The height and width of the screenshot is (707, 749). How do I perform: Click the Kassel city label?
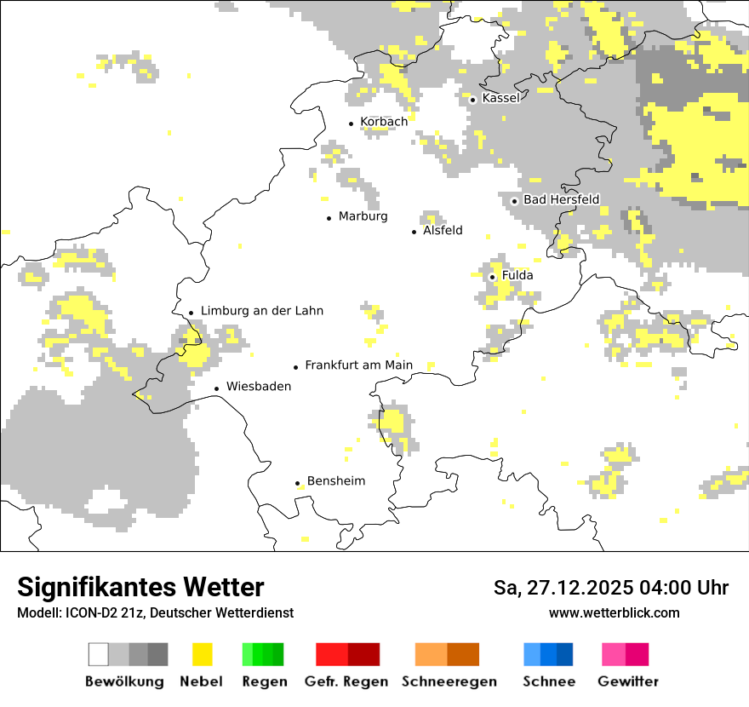click(x=500, y=98)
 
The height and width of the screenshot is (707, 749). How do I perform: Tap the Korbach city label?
click(x=384, y=122)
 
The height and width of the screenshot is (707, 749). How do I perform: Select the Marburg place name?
click(x=363, y=216)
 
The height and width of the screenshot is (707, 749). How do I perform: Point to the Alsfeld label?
click(x=443, y=230)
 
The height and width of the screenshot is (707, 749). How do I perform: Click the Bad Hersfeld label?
click(x=561, y=199)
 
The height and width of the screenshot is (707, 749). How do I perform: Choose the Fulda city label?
click(x=517, y=275)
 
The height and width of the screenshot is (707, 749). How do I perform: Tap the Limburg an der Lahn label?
click(x=262, y=311)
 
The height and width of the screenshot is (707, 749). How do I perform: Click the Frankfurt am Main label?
click(x=358, y=365)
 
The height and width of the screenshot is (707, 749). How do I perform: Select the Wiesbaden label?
click(x=259, y=386)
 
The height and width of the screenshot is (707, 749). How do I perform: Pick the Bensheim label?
click(x=336, y=481)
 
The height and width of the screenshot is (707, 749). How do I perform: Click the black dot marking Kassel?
click(x=473, y=100)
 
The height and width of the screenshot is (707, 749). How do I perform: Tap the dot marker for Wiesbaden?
click(x=217, y=388)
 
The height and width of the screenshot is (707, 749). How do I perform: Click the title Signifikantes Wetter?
click(x=140, y=588)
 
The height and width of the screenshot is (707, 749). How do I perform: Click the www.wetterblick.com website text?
click(x=614, y=613)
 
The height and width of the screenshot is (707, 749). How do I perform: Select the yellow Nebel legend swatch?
click(x=202, y=654)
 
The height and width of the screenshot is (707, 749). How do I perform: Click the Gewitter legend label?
click(x=627, y=681)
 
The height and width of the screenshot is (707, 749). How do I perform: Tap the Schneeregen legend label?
click(x=449, y=681)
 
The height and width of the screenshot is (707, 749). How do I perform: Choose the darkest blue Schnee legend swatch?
click(x=564, y=654)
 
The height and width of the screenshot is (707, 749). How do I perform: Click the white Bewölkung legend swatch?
click(x=99, y=654)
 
